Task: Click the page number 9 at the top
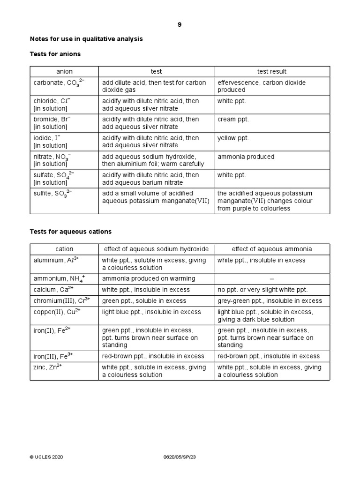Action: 180,25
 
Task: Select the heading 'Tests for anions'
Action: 55,54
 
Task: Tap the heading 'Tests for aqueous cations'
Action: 71,232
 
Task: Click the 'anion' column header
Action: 64,71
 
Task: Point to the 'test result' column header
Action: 272,71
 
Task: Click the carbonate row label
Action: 54,83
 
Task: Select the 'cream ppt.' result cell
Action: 233,120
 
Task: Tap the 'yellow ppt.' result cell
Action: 233,138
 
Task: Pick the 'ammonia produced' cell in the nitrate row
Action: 246,157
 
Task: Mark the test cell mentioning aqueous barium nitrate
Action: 150,179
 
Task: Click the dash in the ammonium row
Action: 272,279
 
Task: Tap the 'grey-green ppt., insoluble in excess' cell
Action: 270,301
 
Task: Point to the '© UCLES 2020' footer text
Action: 46,457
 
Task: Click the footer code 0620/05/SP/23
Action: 180,457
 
